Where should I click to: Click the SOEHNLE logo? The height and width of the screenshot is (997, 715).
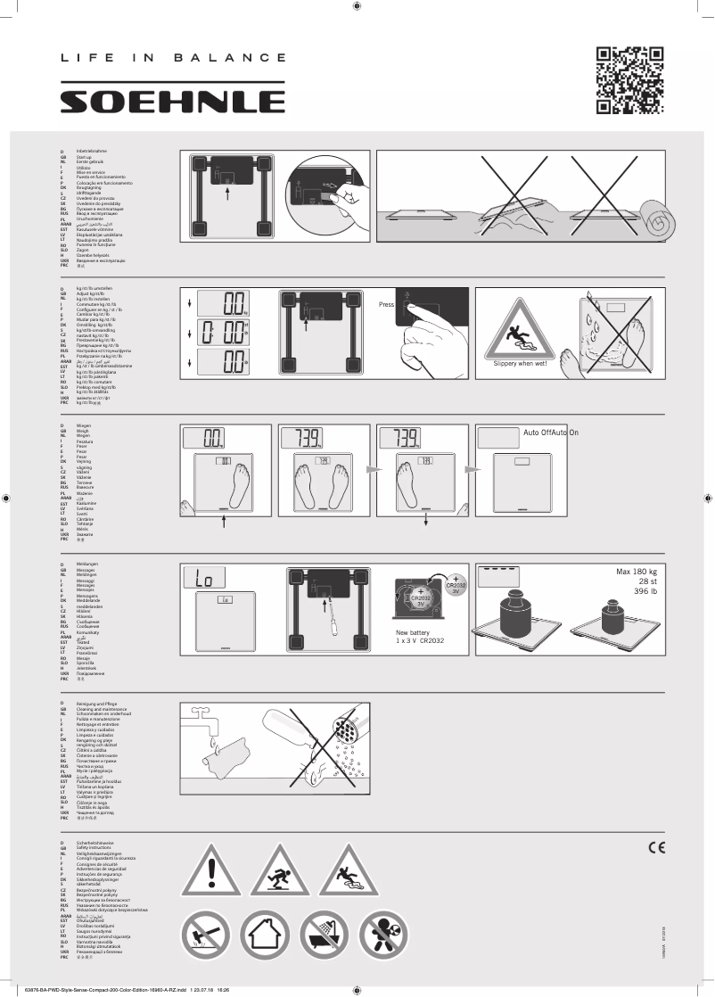tap(172, 101)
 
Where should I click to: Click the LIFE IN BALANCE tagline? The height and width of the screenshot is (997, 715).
tap(173, 58)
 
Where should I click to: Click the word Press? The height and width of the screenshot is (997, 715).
tap(386, 304)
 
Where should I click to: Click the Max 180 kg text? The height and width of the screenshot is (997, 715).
tap(636, 572)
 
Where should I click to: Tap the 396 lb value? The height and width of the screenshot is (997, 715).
tap(642, 591)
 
